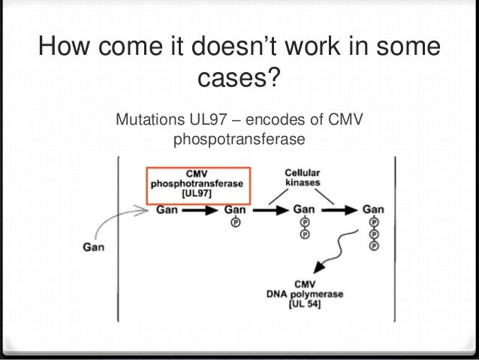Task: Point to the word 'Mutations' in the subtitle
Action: [x=145, y=120]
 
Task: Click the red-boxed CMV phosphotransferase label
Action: [x=198, y=183]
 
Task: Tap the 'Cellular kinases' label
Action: [x=304, y=177]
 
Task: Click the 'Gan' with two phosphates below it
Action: [x=304, y=210]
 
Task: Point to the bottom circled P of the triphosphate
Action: [x=374, y=246]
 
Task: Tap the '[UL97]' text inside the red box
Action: [x=197, y=194]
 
